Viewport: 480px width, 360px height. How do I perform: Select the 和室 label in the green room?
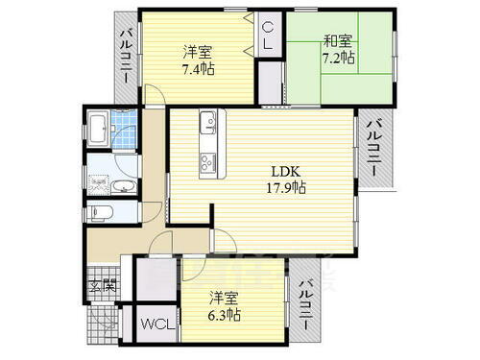pyautogui.click(x=335, y=40)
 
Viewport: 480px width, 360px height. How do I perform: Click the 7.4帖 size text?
pyautogui.click(x=200, y=69)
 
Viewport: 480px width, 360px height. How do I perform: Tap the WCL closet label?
pyautogui.click(x=156, y=324)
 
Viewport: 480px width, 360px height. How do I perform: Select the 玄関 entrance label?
pyautogui.click(x=103, y=285)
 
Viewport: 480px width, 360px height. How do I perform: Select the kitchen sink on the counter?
pyautogui.click(x=208, y=123)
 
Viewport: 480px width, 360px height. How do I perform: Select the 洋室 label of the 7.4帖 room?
pyautogui.click(x=200, y=52)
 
